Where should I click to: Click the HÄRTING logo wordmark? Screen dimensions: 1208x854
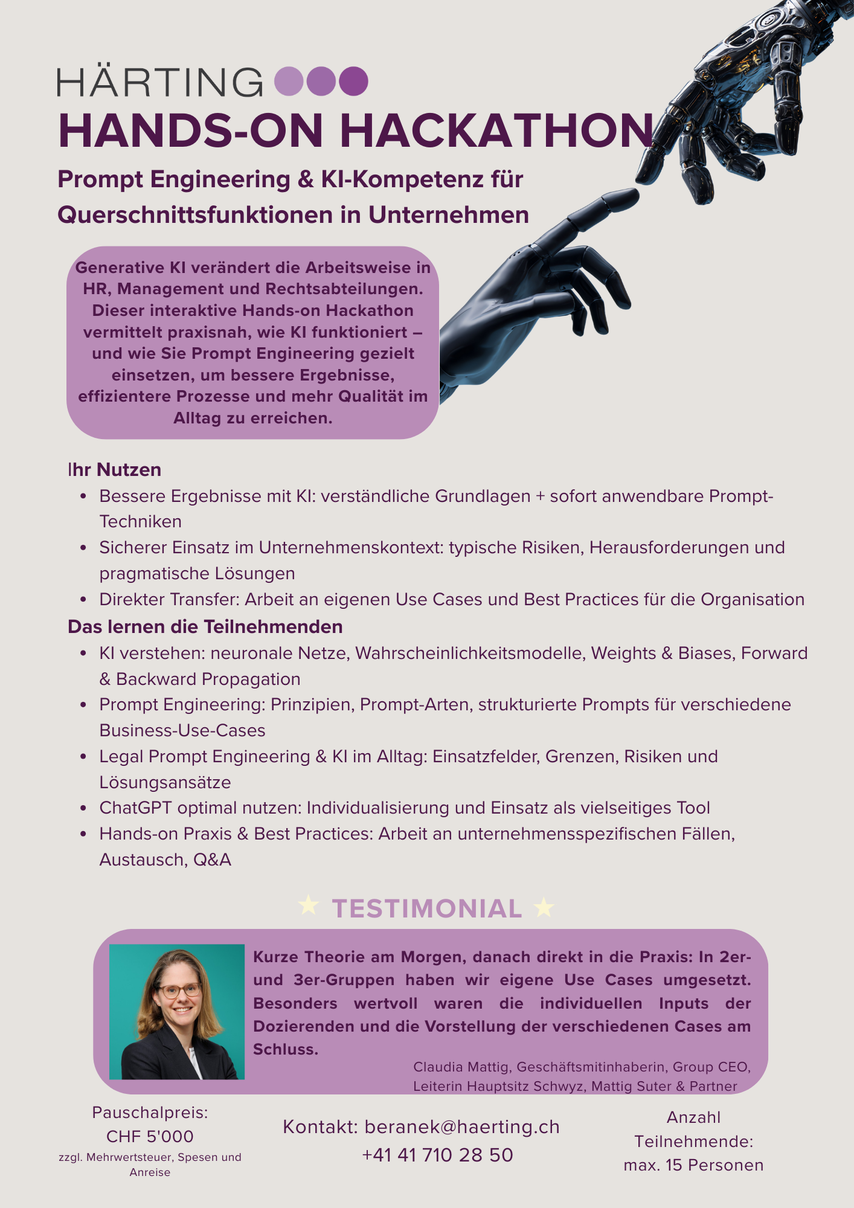160,82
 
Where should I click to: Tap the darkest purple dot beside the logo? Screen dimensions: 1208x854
353,82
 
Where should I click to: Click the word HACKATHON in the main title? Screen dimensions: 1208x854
496,131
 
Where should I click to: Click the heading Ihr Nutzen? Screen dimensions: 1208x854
115,470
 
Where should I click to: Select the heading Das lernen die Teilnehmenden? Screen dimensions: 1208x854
205,627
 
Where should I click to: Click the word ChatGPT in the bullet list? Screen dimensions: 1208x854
136,808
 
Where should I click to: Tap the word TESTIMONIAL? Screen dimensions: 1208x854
427,909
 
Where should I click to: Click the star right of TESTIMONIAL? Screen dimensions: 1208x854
544,908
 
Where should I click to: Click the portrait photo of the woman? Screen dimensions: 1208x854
177,1012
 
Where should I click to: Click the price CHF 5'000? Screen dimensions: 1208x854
150,1137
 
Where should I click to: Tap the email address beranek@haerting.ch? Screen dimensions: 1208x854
462,1127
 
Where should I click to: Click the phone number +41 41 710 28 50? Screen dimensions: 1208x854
437,1155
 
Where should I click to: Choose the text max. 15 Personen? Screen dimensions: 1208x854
693,1165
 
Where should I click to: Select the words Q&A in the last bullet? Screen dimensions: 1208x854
212,859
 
